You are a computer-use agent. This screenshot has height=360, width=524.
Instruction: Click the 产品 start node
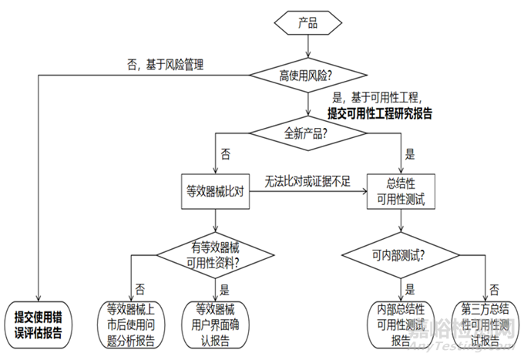pos(307,23)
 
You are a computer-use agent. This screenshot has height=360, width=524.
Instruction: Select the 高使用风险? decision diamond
pos(307,76)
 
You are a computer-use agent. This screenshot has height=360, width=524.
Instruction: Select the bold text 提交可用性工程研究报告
pos(379,113)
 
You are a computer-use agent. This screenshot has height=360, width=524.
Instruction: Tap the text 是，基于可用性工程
pos(379,98)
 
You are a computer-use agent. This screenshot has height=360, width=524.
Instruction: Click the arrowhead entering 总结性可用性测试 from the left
pos(365,192)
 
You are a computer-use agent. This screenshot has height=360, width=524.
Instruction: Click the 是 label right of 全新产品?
pos(408,154)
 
